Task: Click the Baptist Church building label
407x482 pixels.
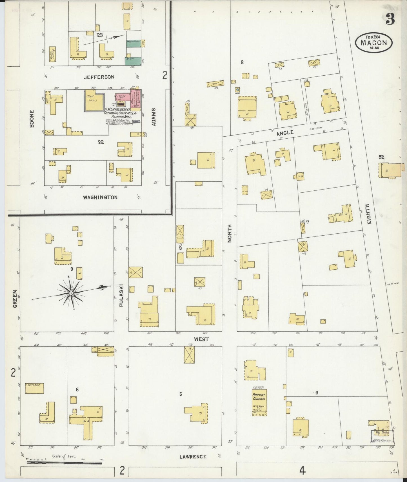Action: pos(259,397)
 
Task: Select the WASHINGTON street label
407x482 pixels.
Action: pos(100,197)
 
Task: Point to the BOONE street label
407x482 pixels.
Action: pos(32,119)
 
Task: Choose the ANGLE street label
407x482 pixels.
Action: pos(285,132)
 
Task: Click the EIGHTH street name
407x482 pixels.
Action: pos(369,214)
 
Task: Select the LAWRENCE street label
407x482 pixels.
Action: pos(193,457)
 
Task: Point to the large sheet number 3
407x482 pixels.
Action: pos(390,19)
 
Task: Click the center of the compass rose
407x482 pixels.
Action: pos(71,293)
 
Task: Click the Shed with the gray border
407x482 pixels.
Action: pos(94,100)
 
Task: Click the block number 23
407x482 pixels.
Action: pos(100,35)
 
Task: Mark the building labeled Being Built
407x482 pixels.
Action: pos(34,388)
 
